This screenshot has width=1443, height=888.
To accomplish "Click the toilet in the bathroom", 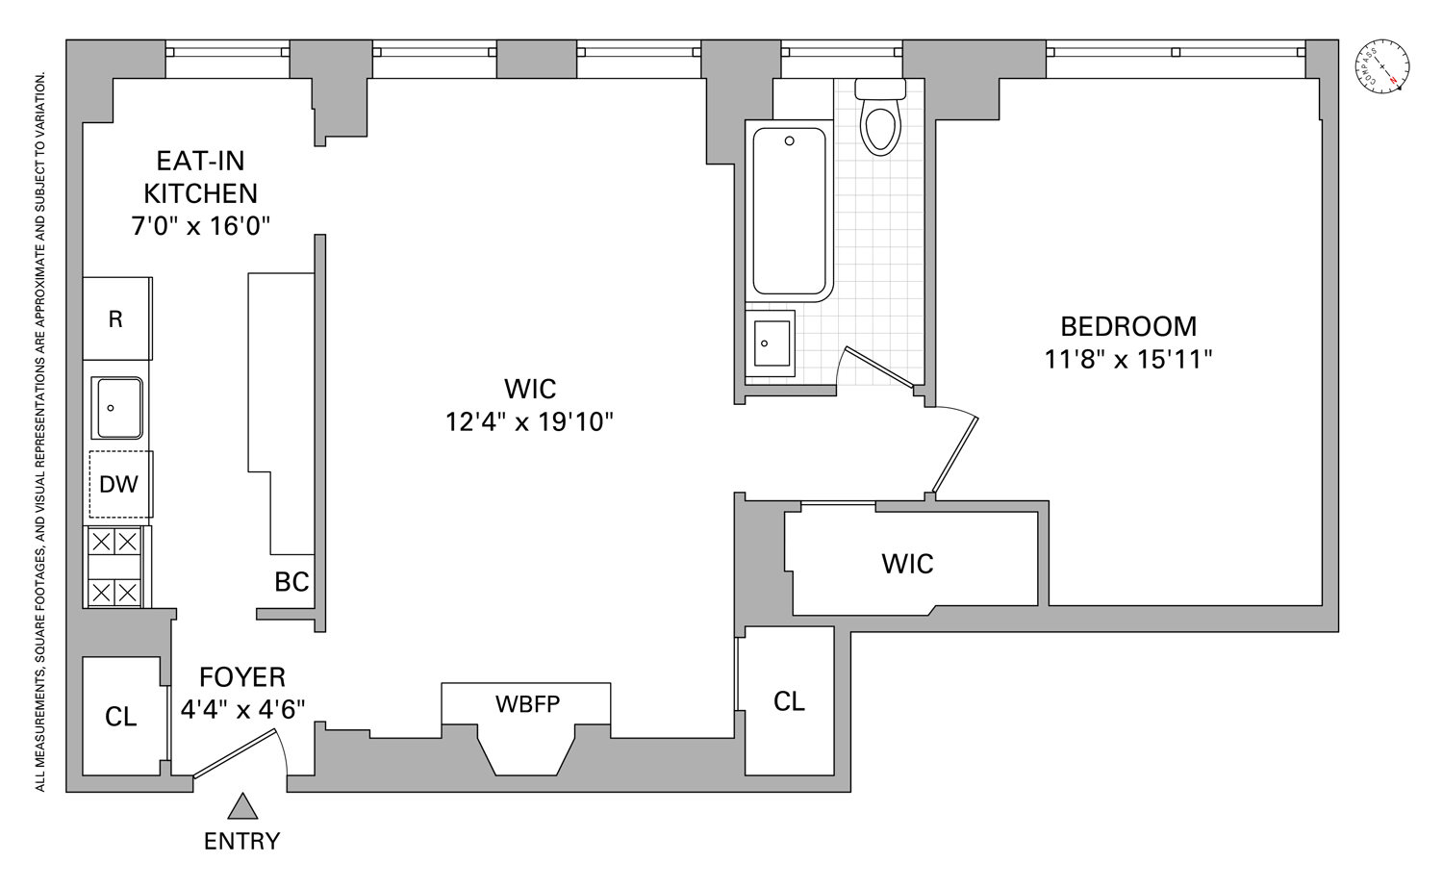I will (x=880, y=120).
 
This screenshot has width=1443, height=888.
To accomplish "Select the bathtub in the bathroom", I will (x=789, y=212).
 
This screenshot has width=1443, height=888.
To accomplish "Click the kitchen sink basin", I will (x=117, y=408).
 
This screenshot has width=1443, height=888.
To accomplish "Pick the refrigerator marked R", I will (x=115, y=319).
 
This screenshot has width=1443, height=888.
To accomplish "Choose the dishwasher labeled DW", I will (x=119, y=484).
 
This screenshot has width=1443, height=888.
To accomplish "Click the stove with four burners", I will (x=114, y=567).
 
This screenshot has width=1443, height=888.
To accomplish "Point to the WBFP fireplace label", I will (x=527, y=704).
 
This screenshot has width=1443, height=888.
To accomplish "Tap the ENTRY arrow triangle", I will (x=242, y=806).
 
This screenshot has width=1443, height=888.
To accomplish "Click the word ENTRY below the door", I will (x=241, y=841).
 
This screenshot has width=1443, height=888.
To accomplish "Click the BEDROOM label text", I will (x=1127, y=326).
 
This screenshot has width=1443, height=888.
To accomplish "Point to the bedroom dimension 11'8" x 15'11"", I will (x=1127, y=359).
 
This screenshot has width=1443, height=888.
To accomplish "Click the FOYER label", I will (x=242, y=677).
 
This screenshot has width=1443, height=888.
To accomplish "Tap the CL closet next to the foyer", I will (x=121, y=717).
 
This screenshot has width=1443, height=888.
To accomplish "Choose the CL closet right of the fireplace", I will (x=789, y=701).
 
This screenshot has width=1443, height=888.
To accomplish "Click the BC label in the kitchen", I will (x=291, y=581).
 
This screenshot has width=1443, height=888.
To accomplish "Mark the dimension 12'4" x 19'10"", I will (x=529, y=421).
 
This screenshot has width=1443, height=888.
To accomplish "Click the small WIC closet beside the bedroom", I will (x=907, y=564).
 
